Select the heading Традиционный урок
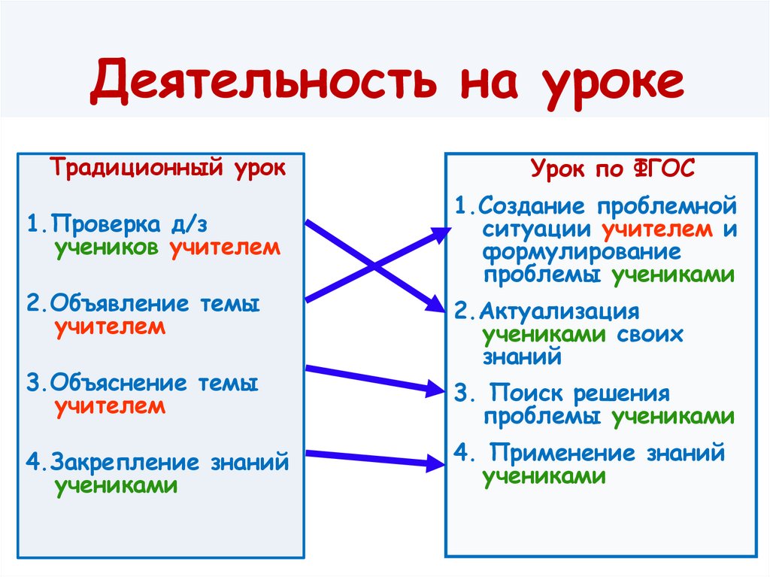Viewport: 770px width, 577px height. click(x=168, y=167)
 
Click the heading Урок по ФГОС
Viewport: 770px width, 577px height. click(x=613, y=169)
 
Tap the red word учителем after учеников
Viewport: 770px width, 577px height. click(x=225, y=248)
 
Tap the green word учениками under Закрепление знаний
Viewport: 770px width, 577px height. click(x=116, y=485)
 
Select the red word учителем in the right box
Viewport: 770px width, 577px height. click(x=656, y=228)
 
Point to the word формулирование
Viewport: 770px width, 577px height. click(x=582, y=251)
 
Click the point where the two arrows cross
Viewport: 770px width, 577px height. click(x=374, y=265)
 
